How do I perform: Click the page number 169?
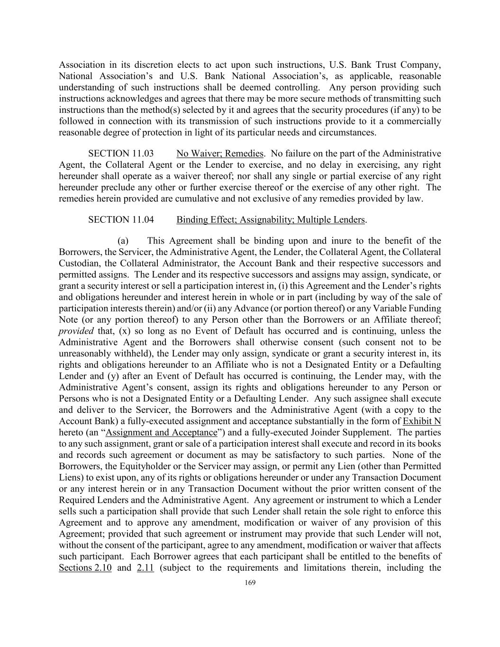pos(250,583)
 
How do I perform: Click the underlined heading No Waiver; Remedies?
pos(219,154)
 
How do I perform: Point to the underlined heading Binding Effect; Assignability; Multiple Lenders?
pos(271,220)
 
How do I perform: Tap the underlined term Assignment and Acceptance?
pos(161,433)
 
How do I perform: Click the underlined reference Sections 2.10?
pos(85,568)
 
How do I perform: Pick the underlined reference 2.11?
pos(145,568)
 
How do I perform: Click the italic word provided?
pos(76,331)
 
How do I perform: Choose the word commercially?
pos(413,121)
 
